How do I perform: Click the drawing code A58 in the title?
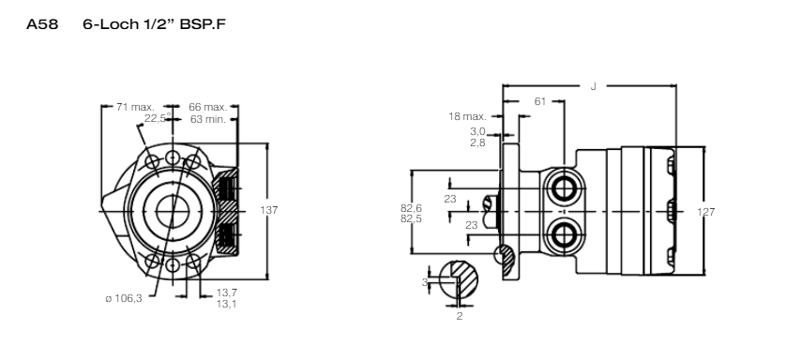[42, 24]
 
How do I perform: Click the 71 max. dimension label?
[135, 107]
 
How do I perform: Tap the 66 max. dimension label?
[208, 107]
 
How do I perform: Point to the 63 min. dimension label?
[208, 119]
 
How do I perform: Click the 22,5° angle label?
[158, 118]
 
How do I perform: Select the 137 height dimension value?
[268, 210]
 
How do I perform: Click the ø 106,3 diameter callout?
[124, 298]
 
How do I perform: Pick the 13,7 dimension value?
[227, 292]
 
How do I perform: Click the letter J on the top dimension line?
[594, 86]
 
